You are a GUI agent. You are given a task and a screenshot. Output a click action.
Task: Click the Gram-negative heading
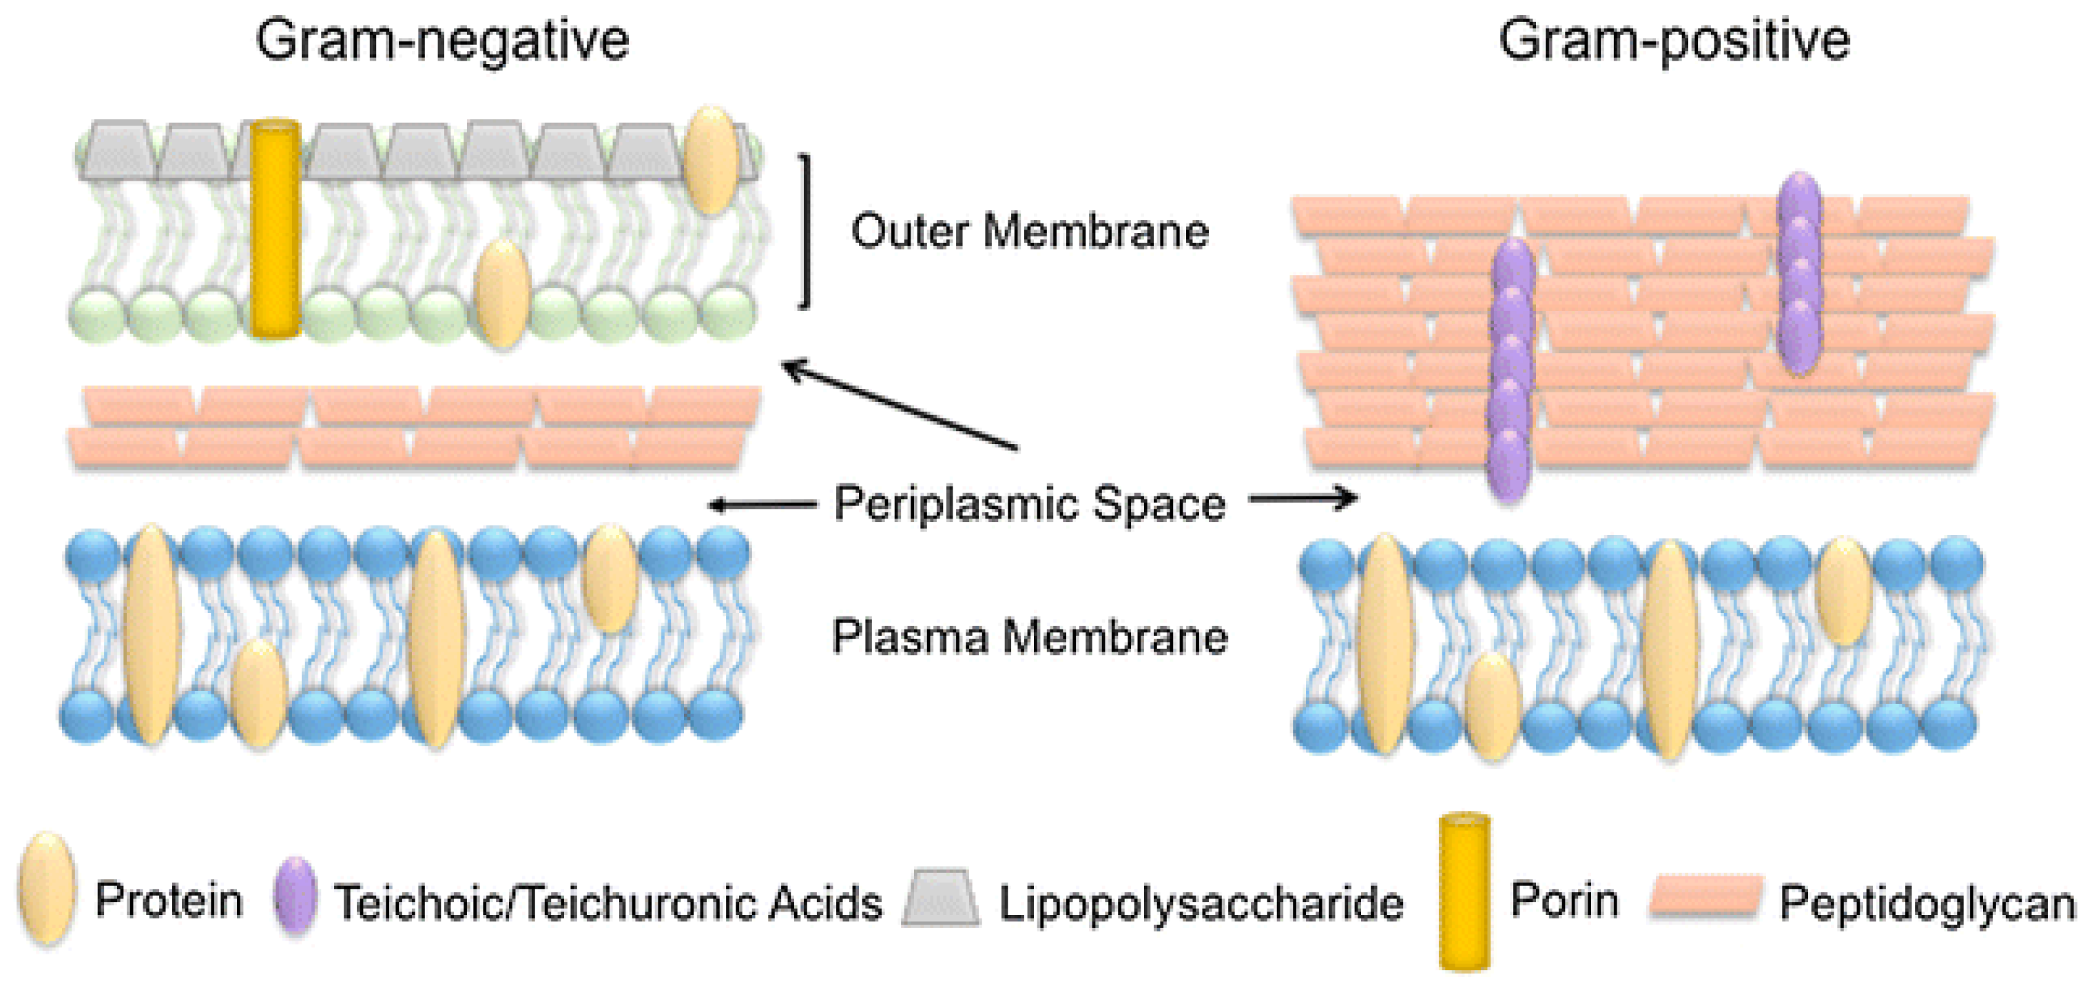click(442, 41)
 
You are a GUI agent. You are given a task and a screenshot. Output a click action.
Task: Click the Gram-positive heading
click(1674, 41)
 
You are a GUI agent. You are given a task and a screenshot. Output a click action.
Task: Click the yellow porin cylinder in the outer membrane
click(275, 228)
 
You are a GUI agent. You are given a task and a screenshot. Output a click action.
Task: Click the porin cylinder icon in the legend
click(1464, 892)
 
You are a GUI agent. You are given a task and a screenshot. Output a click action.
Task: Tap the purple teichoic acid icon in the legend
click(295, 894)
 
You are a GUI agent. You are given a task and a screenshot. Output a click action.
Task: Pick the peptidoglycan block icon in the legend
click(1706, 897)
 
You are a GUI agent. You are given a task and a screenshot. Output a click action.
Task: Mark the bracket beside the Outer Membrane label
click(805, 231)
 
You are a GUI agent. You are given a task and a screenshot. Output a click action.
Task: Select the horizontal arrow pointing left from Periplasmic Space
click(762, 505)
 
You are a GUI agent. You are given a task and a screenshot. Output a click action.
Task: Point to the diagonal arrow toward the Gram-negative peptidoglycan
click(899, 405)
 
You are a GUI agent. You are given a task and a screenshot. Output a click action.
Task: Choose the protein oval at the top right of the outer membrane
click(711, 161)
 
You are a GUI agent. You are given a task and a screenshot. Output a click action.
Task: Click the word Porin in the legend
click(1564, 900)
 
